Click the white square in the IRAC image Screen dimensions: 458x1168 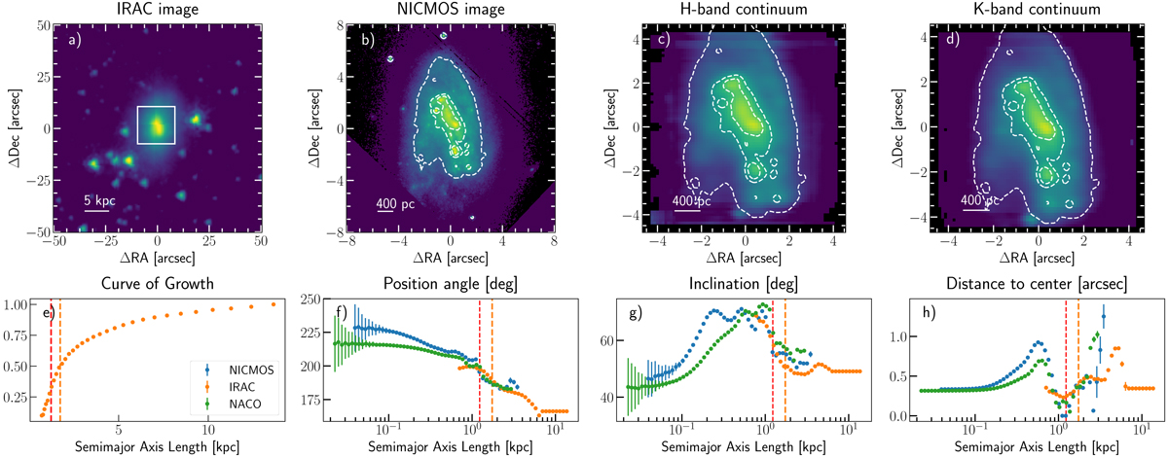[x=156, y=125]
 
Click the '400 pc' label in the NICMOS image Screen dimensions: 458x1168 [x=392, y=203]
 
